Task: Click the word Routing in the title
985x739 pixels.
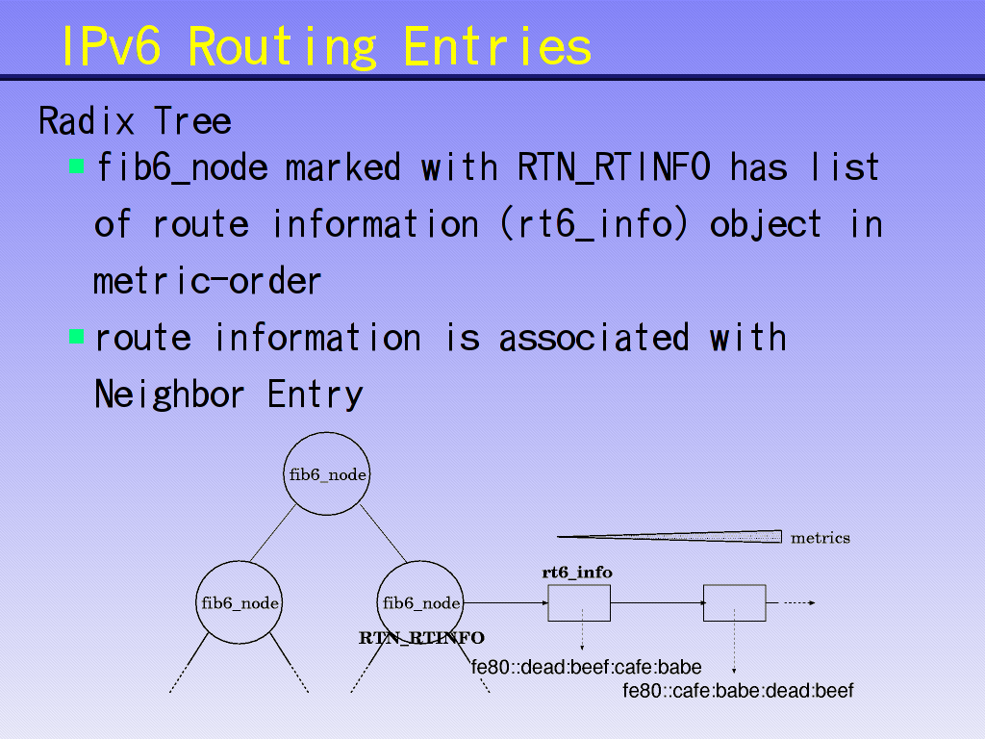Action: point(282,45)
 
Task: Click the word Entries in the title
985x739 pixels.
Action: point(497,45)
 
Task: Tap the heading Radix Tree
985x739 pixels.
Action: point(135,121)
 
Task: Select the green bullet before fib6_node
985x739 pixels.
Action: point(77,166)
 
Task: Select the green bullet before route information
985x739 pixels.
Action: point(77,337)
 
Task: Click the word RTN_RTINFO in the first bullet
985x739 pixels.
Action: point(614,167)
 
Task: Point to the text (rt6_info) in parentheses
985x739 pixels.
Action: point(594,224)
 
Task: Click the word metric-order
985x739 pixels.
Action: point(207,281)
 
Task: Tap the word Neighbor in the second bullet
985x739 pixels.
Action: point(169,395)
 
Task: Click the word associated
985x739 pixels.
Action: point(594,338)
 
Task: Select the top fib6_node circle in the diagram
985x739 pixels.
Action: point(327,474)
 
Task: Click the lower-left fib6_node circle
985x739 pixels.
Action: point(240,603)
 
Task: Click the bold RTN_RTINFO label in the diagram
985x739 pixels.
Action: point(421,638)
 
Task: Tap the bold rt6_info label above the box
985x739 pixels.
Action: point(577,573)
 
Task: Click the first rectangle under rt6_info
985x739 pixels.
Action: point(579,603)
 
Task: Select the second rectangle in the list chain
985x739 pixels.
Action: point(734,603)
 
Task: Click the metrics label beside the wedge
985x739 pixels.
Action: point(820,538)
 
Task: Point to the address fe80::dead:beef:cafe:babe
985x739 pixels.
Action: point(586,667)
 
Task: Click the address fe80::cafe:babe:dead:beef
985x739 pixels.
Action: point(738,690)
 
